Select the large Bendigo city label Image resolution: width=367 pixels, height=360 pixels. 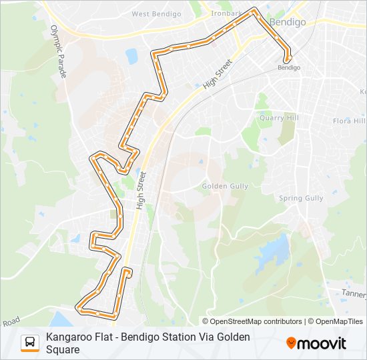tap(288, 22)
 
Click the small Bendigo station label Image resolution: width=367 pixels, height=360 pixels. tap(288, 67)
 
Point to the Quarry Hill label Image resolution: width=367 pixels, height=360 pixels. tap(280, 118)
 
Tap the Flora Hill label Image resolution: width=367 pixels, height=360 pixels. tap(349, 121)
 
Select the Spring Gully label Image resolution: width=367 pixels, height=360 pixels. tap(300, 198)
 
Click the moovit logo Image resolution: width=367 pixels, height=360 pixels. tap(316, 343)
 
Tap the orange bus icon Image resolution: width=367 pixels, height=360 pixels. tap(30, 343)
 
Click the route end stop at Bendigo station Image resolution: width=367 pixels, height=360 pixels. tap(288, 59)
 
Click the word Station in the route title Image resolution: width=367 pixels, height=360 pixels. tap(179, 337)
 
